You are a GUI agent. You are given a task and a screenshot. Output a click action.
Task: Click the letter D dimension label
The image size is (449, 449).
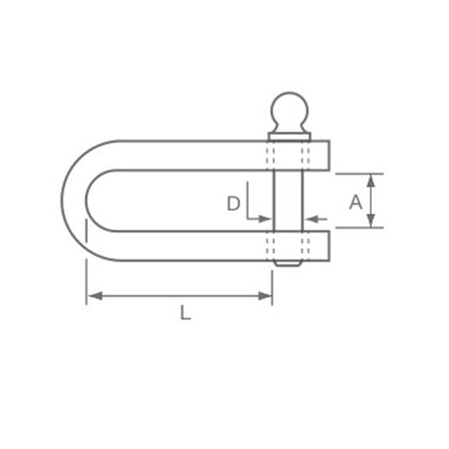coord(233,204)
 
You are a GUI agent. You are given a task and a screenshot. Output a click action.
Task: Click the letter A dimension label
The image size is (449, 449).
coord(355,202)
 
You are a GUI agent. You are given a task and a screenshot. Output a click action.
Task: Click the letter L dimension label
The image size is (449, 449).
coord(185,312)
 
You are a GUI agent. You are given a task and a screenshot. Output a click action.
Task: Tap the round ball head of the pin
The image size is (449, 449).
coord(289,109)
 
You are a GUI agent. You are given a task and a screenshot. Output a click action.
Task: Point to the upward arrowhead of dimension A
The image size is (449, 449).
coord(371,181)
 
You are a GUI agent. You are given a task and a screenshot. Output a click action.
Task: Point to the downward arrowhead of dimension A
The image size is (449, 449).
coord(371,221)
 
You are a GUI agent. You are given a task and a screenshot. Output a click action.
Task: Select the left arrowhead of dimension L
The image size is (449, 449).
coord(95,296)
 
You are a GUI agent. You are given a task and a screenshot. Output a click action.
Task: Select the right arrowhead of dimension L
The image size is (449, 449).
coord(265,296)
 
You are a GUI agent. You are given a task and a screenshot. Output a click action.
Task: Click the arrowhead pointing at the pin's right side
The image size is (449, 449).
coord(312,220)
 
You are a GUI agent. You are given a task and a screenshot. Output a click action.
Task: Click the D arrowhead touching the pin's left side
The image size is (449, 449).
coord(265,219)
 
